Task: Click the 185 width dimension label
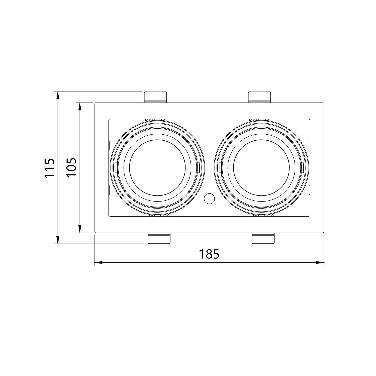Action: coord(209,254)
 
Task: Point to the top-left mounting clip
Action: coord(155,97)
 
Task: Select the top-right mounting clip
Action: coord(259,97)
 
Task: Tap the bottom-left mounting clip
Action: coord(159,238)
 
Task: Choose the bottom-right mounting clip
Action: coord(263,238)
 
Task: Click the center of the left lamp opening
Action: coord(157,168)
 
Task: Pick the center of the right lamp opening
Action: coord(261,168)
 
